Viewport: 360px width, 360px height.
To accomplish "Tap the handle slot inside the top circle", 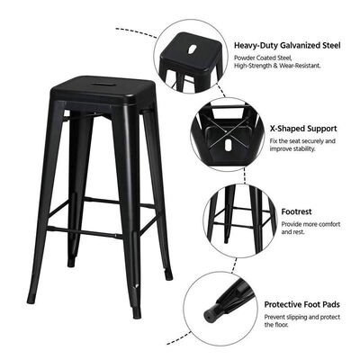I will (x=193, y=42).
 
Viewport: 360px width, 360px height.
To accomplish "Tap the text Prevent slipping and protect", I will (x=300, y=318).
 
